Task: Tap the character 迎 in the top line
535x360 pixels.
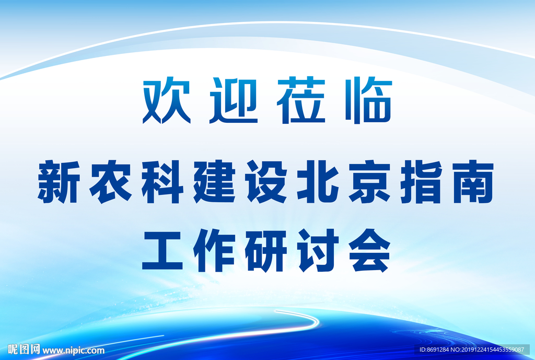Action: [234, 100]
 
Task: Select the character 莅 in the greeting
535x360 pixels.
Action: [301, 100]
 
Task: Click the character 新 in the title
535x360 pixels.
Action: [58, 182]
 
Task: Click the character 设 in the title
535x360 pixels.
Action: [267, 182]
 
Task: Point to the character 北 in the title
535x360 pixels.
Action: [319, 182]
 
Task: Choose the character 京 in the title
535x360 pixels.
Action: [370, 182]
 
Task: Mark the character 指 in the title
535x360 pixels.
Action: [422, 182]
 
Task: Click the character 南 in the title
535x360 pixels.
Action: [474, 182]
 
